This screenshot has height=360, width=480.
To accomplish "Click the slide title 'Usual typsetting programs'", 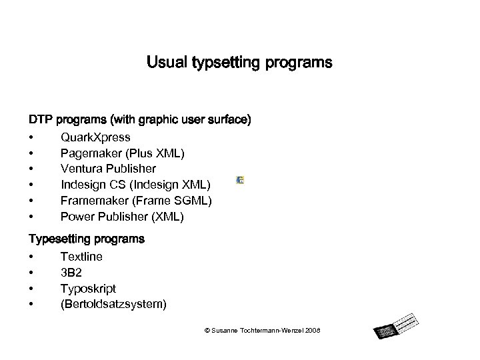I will [239, 63].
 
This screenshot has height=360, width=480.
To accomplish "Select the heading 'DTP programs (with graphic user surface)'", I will [139, 121].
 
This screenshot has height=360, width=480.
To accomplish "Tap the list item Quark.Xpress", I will [95, 138].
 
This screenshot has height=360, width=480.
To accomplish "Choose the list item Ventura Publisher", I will [108, 169].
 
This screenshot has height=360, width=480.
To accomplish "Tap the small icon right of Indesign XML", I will [240, 181].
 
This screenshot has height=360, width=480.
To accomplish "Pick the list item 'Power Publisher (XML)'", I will [122, 217].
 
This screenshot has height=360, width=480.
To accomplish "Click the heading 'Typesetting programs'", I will [86, 238].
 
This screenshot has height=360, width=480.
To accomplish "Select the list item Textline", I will [81, 257].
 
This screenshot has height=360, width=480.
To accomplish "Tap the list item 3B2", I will [71, 273].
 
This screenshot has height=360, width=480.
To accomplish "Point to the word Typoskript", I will [88, 289].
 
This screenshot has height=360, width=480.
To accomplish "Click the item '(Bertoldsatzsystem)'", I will [113, 305].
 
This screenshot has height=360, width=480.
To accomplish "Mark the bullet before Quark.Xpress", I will [31, 138].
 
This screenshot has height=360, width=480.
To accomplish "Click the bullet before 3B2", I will [31, 273].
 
